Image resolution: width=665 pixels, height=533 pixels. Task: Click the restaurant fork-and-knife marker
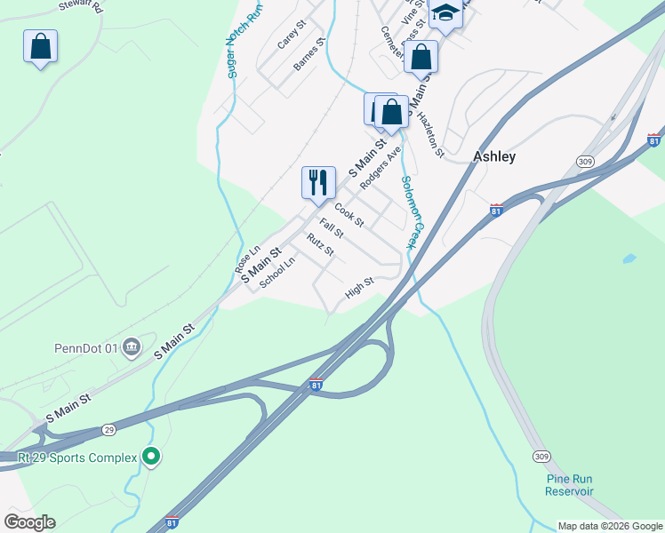[318, 183]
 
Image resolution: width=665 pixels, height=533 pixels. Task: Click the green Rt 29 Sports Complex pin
[151, 457]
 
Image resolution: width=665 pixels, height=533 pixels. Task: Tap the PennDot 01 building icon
[132, 346]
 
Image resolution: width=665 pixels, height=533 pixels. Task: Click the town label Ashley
[494, 156]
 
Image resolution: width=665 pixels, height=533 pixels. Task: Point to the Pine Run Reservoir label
[570, 485]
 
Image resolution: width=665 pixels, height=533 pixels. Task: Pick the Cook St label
[349, 218]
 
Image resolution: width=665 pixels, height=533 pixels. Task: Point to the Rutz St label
[320, 244]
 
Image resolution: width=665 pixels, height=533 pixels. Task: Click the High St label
[359, 288]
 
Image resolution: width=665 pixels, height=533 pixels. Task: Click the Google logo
[29, 522]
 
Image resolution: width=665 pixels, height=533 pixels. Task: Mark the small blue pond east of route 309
[629, 259]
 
